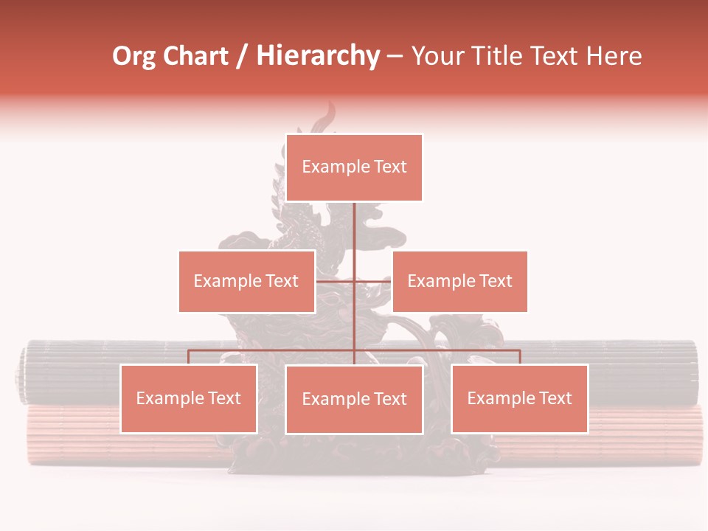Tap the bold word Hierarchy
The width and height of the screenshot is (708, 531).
coord(318,56)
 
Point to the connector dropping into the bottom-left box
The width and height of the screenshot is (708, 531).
coord(188,357)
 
